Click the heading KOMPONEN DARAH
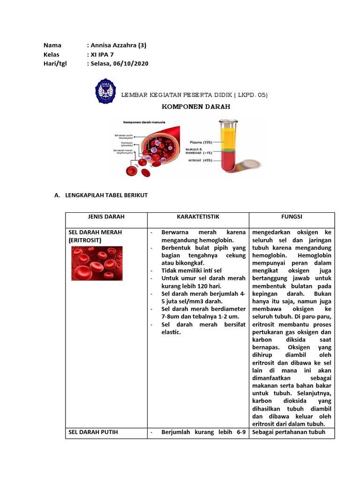click(196, 107)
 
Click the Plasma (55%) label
click(202, 142)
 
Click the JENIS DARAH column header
click(106, 217)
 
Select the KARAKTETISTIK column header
click(198, 217)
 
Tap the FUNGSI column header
click(292, 217)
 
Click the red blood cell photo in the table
click(97, 263)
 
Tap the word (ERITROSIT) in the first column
click(85, 240)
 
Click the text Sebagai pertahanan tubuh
click(288, 432)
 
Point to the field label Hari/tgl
click(55, 64)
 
